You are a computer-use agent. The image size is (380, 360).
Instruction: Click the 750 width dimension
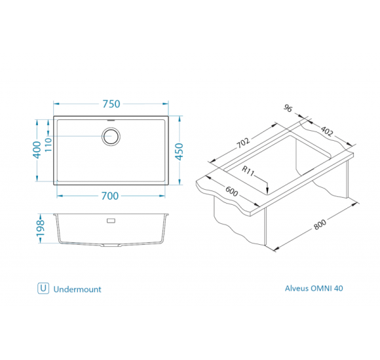point(111,104)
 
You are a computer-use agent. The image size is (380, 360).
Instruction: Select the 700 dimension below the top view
point(110,196)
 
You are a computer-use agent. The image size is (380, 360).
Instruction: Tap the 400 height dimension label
point(37,150)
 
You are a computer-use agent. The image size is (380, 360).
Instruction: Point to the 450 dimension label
point(180,152)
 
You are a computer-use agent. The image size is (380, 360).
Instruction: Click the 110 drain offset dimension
point(48,145)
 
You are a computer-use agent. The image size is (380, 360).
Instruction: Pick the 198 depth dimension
point(40,228)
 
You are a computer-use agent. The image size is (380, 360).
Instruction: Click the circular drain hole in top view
point(111,137)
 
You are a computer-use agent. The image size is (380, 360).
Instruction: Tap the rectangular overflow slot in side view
point(111,221)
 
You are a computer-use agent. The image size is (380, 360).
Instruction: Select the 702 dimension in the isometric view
point(243,143)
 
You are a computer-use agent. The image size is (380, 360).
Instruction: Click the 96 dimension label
point(288,108)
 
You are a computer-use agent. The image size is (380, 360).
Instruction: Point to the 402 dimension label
point(327,131)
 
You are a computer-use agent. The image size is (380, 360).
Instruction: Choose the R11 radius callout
point(248,171)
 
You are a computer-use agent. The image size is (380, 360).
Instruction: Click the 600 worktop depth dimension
point(232,191)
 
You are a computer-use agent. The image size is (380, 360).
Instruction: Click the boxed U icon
point(43,289)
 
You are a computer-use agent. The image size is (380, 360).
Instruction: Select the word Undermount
point(77,289)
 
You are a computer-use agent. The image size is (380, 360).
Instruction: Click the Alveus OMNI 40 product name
point(314,289)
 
